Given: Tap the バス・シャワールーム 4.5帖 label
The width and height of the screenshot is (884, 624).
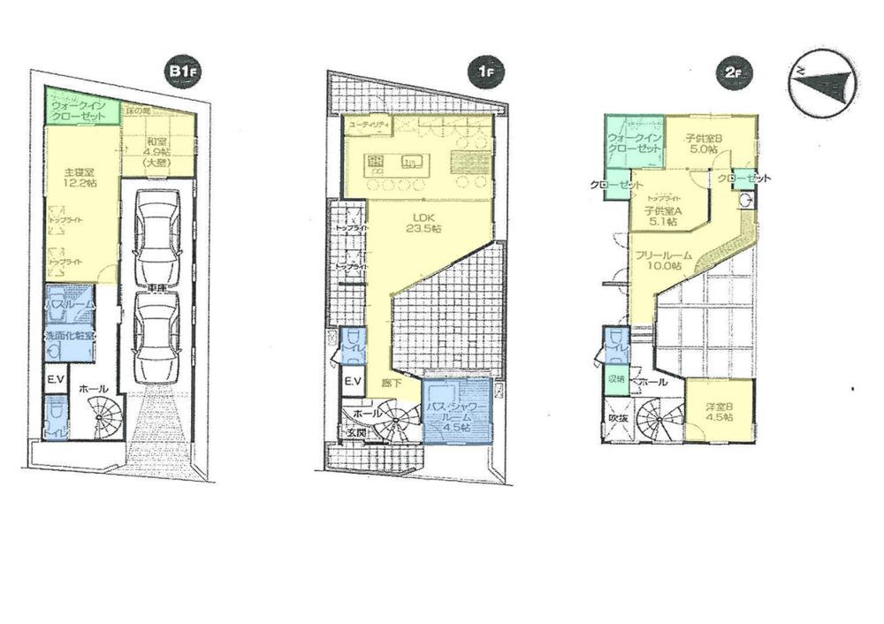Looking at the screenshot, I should [455, 412].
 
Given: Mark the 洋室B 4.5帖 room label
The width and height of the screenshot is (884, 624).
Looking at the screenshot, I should [719, 411].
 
